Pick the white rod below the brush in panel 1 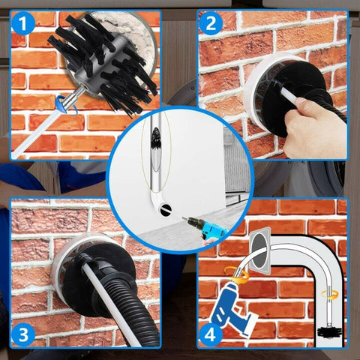pyautogui.click(x=37, y=132)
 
